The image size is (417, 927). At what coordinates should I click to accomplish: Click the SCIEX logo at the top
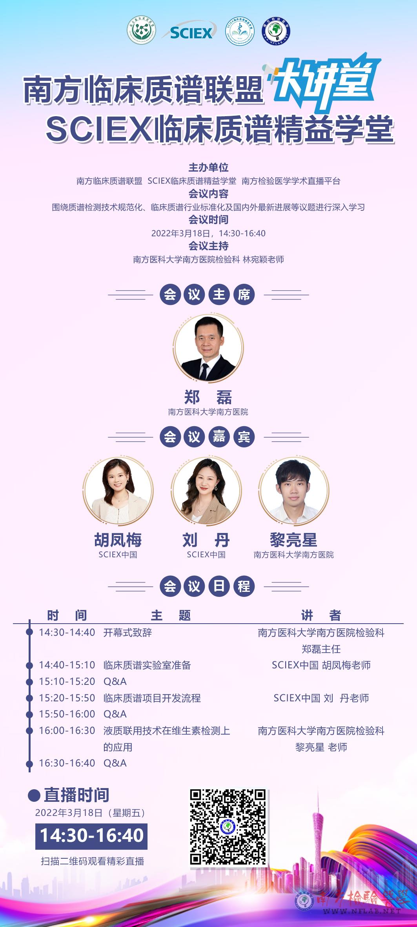click(x=190, y=33)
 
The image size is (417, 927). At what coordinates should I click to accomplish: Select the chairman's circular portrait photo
click(x=208, y=348)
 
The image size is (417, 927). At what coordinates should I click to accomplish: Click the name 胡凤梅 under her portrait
click(x=118, y=540)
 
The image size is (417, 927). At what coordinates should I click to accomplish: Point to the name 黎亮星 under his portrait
click(x=293, y=540)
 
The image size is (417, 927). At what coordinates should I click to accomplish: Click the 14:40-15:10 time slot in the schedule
click(x=67, y=665)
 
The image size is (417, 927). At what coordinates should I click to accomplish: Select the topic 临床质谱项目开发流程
click(x=152, y=698)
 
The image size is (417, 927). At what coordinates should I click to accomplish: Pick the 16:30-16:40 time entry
click(x=67, y=763)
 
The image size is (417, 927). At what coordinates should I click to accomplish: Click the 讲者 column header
click(x=321, y=615)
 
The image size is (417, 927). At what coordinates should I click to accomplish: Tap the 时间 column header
click(x=67, y=615)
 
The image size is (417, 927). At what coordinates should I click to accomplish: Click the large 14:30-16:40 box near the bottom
click(x=92, y=836)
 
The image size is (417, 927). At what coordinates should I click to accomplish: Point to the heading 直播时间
click(x=76, y=795)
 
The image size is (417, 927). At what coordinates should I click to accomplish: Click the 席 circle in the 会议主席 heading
click(x=244, y=294)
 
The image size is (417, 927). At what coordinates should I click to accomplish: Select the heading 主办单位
click(x=208, y=168)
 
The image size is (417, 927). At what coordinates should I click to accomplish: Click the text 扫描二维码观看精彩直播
click(x=93, y=861)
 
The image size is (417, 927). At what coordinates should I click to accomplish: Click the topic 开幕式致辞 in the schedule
click(x=127, y=632)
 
